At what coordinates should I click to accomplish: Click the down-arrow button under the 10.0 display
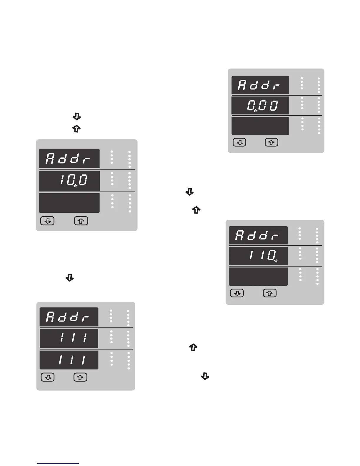(47, 221)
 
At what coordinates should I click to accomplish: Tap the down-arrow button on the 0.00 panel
(240, 142)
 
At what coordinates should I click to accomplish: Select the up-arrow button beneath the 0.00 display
(271, 142)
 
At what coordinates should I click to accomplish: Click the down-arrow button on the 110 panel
(237, 293)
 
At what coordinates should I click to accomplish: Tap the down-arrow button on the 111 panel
(48, 377)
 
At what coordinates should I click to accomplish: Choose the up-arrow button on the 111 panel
(80, 377)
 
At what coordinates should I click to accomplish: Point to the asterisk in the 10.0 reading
(76, 186)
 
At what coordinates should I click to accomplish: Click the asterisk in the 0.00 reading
(255, 111)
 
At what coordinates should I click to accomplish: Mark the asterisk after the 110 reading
(276, 261)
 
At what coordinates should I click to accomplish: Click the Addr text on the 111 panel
(68, 317)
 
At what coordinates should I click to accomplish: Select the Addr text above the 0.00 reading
(259, 85)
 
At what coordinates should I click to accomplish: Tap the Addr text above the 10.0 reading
(68, 159)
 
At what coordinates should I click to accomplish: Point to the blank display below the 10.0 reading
(69, 203)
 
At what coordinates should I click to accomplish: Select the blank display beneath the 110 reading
(258, 276)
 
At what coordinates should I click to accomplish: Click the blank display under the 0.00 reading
(260, 126)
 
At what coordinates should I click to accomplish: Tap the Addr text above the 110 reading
(257, 236)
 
